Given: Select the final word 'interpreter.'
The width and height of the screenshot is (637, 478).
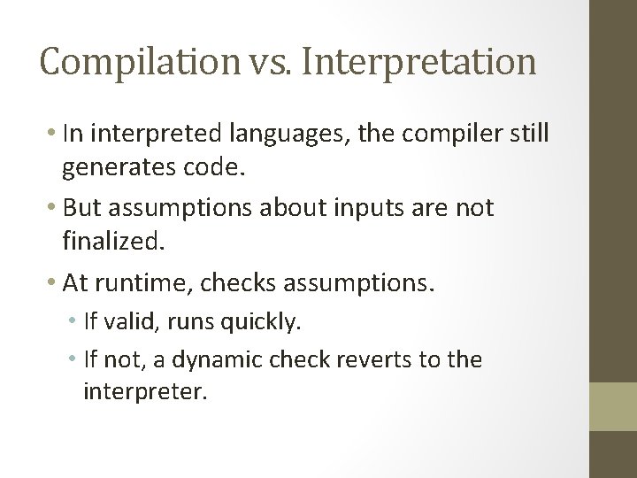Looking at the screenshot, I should pos(145,390).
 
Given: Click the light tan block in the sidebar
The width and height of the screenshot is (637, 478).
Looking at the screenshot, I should pos(613,406).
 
